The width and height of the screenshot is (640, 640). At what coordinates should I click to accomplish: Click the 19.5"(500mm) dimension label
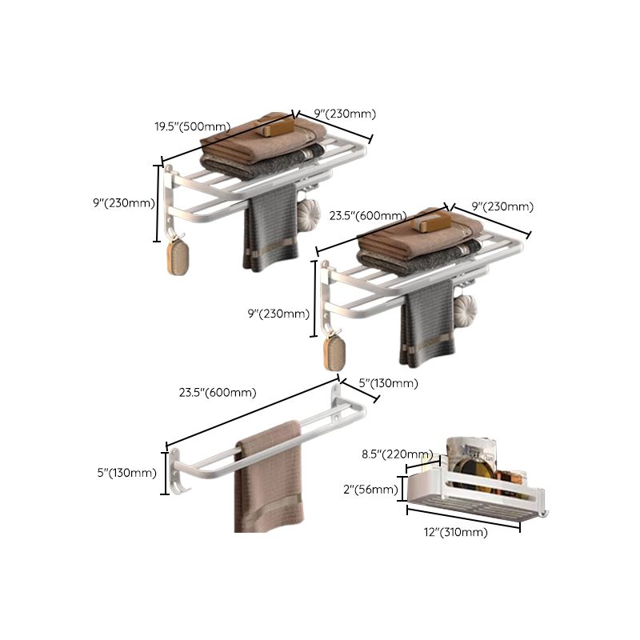pos(192,126)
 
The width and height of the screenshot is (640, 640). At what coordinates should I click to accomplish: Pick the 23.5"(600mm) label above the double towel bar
pos(218,392)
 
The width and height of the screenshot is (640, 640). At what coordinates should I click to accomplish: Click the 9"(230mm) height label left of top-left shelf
pos(122,202)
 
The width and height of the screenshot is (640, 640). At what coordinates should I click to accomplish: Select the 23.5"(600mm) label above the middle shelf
pos(368,214)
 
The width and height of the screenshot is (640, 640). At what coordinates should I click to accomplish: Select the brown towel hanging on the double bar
pos(268,480)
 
